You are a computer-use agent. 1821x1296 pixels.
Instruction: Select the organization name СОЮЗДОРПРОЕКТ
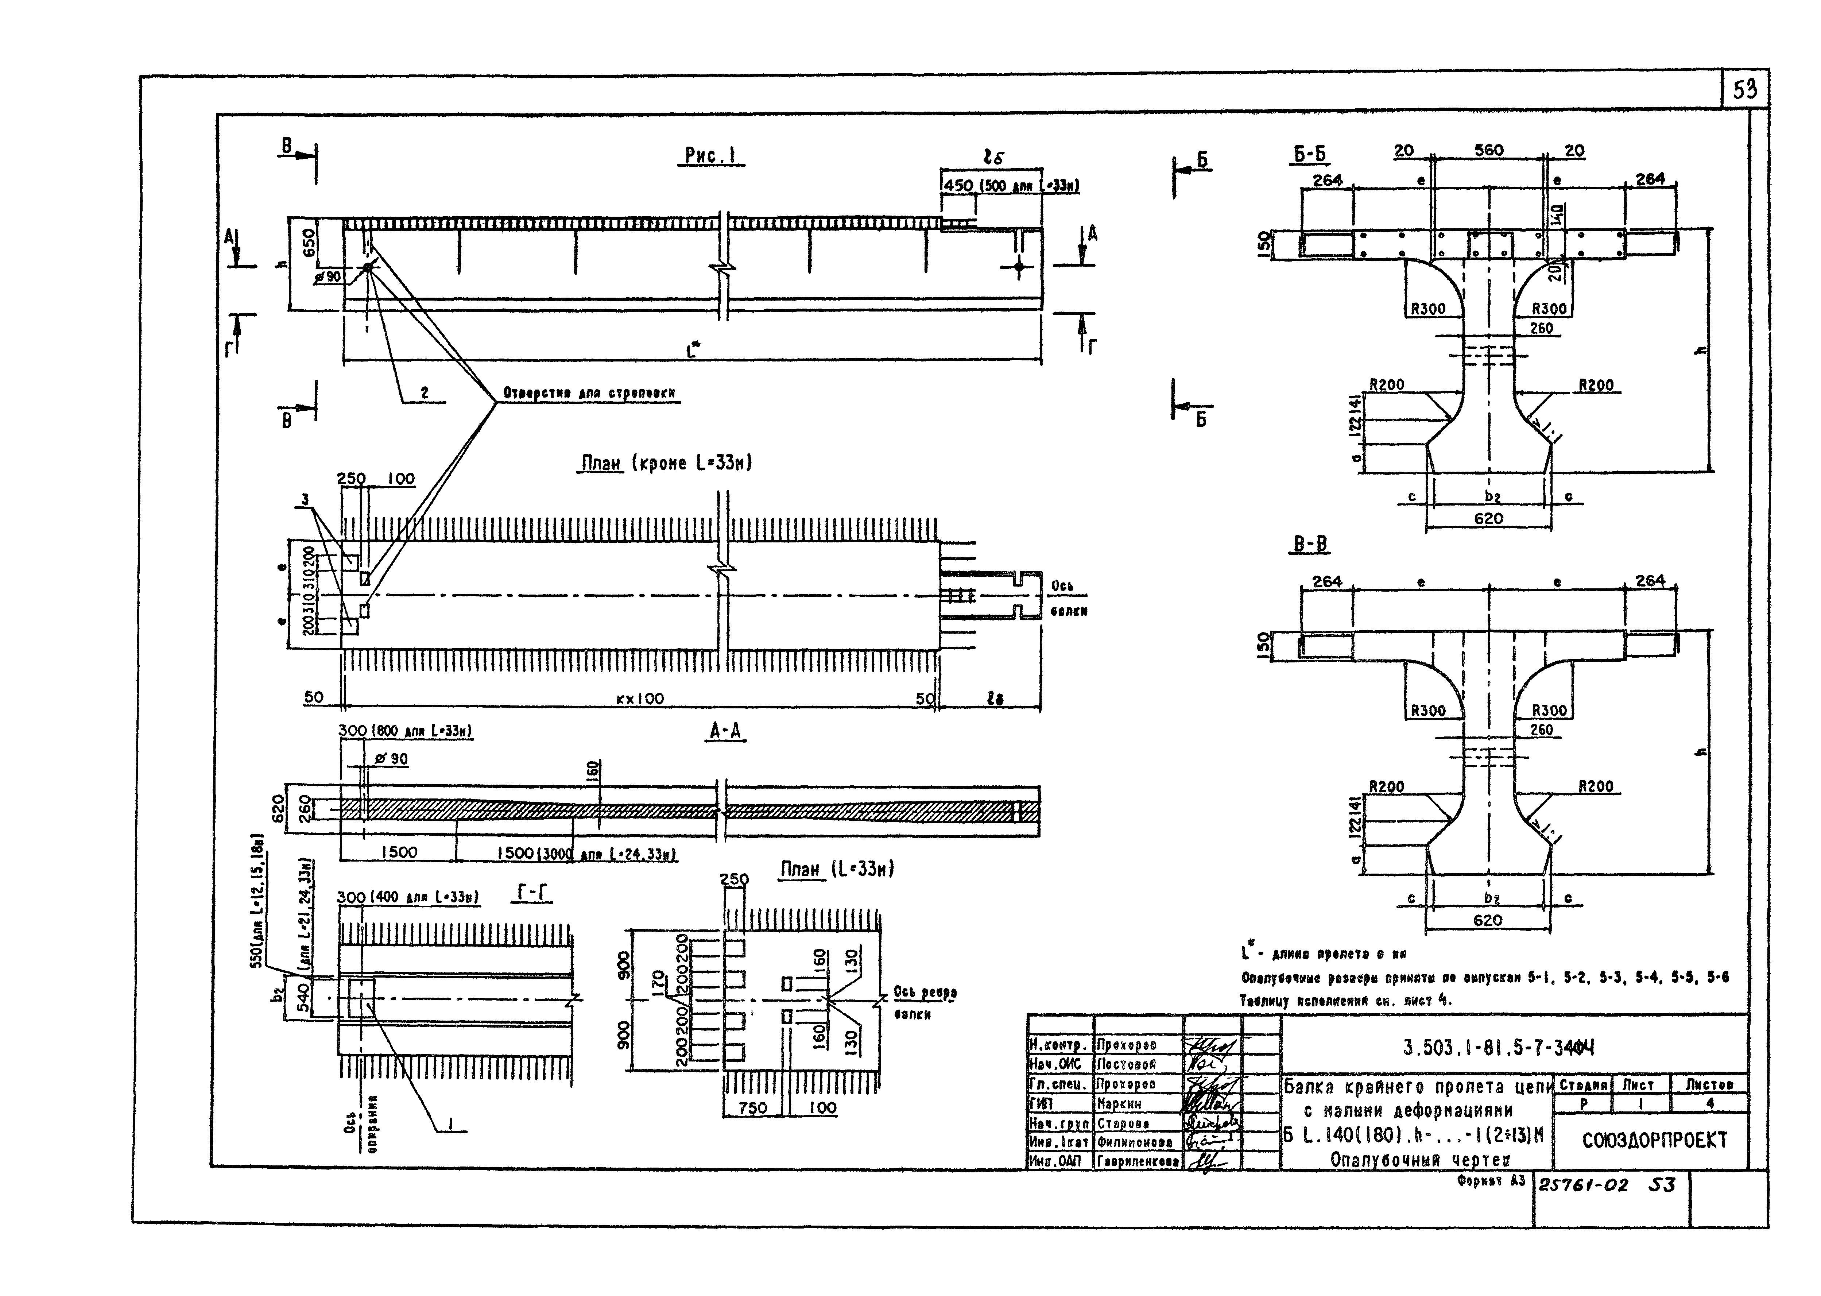pyautogui.click(x=1654, y=1140)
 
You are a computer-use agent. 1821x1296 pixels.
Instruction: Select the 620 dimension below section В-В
pyautogui.click(x=1487, y=920)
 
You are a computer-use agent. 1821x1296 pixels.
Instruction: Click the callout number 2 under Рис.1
pyautogui.click(x=425, y=392)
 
